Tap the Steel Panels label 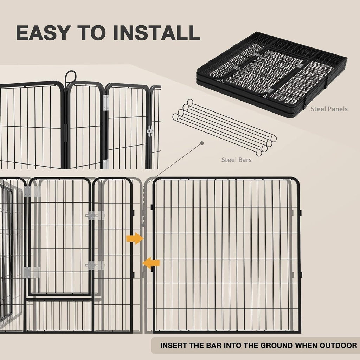(329, 109)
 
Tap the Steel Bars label (236, 160)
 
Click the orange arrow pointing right (135, 238)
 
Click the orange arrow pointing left (151, 263)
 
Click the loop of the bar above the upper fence (71, 76)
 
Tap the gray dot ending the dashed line (202, 143)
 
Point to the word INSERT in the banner (174, 345)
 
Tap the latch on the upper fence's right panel (150, 131)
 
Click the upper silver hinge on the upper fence (106, 103)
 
